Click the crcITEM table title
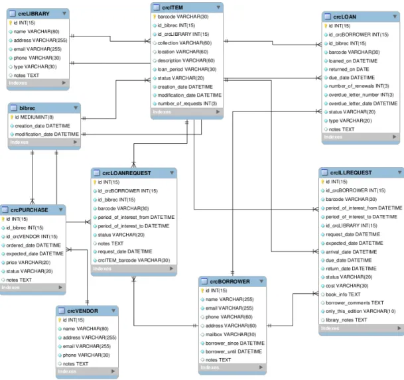(x=172, y=8)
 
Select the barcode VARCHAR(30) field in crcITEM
(x=183, y=17)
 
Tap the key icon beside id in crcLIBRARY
(x=11, y=23)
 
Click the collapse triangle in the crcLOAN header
(x=395, y=17)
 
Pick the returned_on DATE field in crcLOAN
(x=349, y=69)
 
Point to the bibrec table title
(x=27, y=108)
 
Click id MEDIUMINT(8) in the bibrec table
(x=34, y=117)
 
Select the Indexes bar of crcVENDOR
(x=87, y=371)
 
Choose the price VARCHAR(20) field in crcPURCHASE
(x=29, y=263)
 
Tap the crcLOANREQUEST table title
(x=127, y=173)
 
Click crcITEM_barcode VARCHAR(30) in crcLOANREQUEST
(x=134, y=260)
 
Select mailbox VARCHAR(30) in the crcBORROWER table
(x=231, y=334)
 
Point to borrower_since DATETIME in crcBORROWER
(x=235, y=343)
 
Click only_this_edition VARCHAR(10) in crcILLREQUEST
(x=360, y=311)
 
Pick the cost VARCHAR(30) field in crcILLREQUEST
(x=347, y=286)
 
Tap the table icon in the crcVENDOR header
(x=61, y=311)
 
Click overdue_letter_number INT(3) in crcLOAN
(x=362, y=95)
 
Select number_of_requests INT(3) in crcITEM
(x=187, y=103)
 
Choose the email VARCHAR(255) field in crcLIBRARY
(x=38, y=49)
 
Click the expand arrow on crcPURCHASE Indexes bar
(x=60, y=287)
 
